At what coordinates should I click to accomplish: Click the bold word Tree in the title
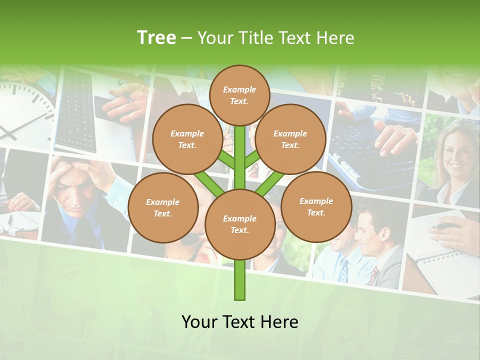click(x=156, y=37)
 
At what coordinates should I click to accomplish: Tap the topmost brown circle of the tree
click(x=239, y=95)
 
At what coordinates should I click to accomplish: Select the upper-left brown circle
click(x=187, y=139)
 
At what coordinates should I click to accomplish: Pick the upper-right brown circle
click(x=290, y=139)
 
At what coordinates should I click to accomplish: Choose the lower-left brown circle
click(x=162, y=208)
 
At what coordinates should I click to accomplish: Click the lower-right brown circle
click(x=316, y=207)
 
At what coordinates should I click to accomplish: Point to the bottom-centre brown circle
click(x=239, y=224)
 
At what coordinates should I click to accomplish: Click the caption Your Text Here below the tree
click(x=239, y=321)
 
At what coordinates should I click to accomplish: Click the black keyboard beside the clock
click(x=75, y=110)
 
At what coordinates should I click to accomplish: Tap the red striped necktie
click(x=374, y=275)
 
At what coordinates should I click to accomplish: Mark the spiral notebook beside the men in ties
click(x=440, y=255)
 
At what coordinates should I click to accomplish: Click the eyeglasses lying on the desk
click(x=12, y=230)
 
